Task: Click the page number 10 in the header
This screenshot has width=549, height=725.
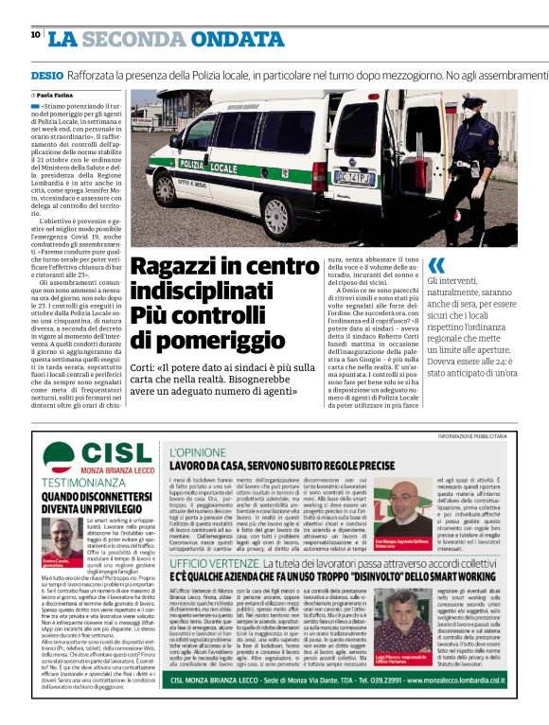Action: click(x=35, y=35)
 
